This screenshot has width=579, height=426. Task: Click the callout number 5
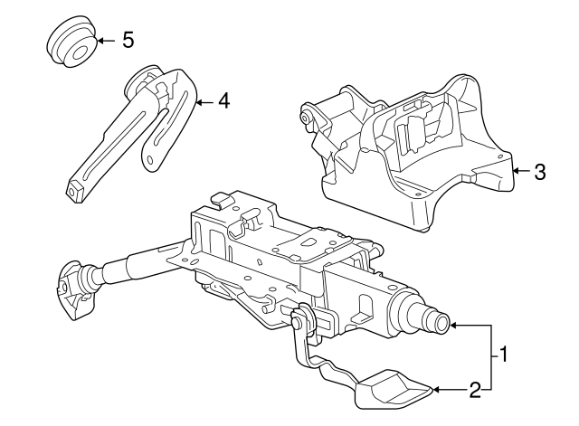point(128,40)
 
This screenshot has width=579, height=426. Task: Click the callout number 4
point(223,101)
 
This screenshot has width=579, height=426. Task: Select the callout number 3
point(539,171)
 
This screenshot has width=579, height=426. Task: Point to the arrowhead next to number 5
point(100,41)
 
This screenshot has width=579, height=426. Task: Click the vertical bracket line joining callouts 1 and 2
point(493,356)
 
